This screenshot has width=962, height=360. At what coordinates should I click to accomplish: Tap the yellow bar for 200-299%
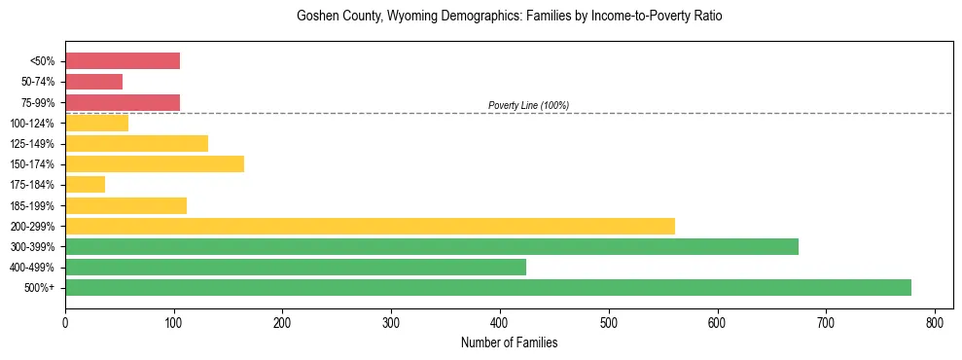(x=370, y=226)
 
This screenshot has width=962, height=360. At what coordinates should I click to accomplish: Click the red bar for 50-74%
(x=93, y=82)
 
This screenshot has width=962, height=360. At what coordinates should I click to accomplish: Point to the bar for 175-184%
(x=85, y=184)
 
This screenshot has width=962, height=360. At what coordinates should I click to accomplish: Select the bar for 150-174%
(x=155, y=163)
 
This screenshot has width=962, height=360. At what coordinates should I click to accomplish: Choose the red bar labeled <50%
(x=123, y=61)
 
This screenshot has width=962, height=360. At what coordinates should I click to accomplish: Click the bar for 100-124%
(x=96, y=123)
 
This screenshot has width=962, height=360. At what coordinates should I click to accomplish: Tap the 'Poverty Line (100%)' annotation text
(x=528, y=105)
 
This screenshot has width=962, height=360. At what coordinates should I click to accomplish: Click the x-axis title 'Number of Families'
(x=509, y=342)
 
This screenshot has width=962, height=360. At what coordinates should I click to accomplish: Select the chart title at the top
(x=509, y=17)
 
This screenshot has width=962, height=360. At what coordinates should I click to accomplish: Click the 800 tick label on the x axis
(x=935, y=322)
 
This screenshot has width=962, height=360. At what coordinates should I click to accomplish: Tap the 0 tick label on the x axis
(x=65, y=322)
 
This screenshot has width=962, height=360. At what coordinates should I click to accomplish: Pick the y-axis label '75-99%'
(x=38, y=102)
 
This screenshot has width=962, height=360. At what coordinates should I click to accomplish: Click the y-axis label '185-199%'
(x=34, y=205)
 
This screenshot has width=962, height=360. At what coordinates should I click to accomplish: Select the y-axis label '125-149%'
(x=34, y=143)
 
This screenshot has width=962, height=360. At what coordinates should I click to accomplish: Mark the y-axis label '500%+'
(x=41, y=287)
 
